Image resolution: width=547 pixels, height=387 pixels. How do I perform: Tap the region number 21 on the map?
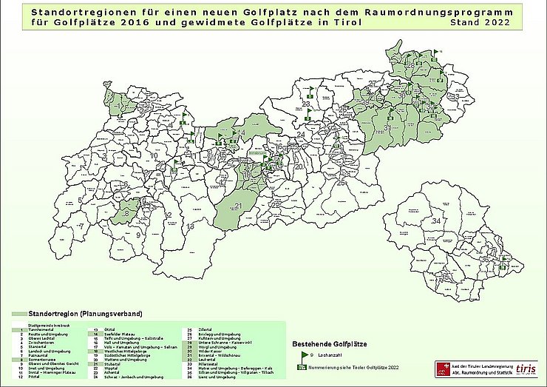tap(238, 205)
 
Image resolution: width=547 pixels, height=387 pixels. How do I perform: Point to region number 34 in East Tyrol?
tap(436, 221)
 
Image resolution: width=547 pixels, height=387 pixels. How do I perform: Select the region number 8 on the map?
tap(126, 213)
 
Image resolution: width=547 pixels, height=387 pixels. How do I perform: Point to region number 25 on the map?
tap(341, 181)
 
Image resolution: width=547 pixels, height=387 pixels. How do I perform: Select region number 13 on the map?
tap(190, 226)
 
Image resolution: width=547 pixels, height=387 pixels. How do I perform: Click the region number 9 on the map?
tap(137, 235)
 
